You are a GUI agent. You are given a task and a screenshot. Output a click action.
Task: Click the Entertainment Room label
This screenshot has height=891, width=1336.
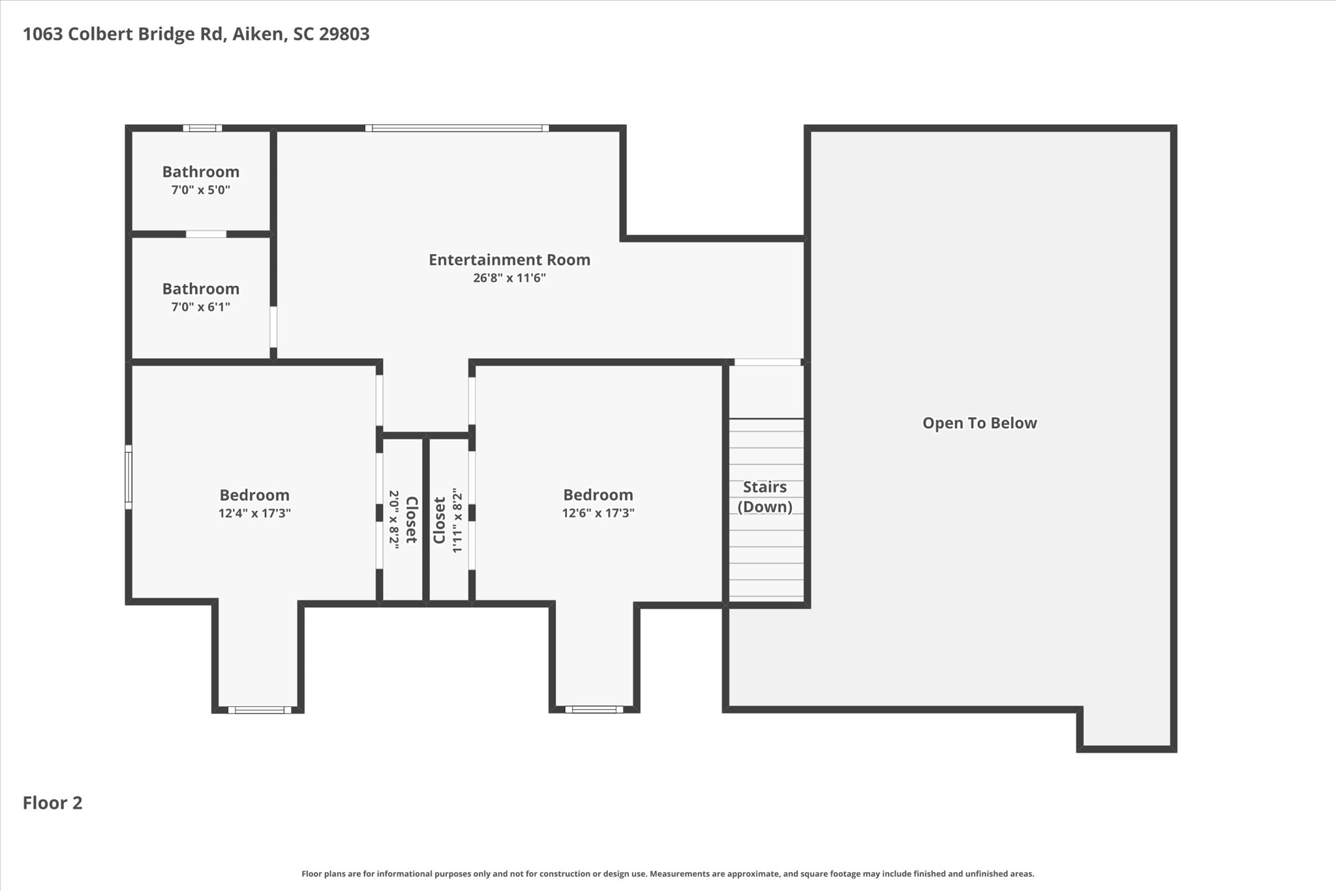tap(509, 260)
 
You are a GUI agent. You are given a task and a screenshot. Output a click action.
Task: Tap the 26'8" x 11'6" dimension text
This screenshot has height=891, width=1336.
tap(509, 278)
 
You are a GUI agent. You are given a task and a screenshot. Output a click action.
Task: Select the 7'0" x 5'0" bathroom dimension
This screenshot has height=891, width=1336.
tap(201, 190)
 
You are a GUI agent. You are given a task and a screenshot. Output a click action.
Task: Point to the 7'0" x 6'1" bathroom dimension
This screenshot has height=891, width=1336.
tap(201, 307)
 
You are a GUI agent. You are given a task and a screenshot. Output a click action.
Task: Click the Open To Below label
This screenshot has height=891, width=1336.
tap(980, 423)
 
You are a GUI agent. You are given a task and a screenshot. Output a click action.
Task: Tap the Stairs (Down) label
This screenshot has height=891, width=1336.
tap(765, 497)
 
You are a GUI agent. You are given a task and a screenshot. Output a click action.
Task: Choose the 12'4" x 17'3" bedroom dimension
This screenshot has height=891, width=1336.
tap(254, 513)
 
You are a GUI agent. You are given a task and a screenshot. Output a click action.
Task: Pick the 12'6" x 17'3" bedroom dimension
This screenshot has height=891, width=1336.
tap(598, 513)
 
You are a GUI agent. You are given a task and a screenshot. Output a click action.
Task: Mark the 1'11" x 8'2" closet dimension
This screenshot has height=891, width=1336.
tap(457, 520)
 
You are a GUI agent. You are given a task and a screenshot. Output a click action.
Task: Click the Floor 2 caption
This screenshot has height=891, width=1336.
tap(53, 803)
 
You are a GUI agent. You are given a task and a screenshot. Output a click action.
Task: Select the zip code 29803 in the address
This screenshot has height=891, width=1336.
tap(344, 34)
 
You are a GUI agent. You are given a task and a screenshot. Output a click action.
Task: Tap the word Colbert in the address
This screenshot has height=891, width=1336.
tap(100, 34)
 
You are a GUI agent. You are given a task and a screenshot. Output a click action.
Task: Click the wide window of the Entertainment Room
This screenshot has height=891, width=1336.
tap(457, 128)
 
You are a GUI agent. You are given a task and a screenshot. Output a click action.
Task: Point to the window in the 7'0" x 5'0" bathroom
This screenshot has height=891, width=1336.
tap(202, 128)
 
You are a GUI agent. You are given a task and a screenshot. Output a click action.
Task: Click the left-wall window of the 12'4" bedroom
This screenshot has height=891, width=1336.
tap(129, 477)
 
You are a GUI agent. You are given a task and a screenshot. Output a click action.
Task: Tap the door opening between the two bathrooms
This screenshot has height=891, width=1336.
tap(206, 234)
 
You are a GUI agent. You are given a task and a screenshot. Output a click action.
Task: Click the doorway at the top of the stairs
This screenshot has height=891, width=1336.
tap(768, 362)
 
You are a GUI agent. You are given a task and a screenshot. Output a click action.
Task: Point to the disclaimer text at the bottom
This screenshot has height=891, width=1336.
tap(668, 873)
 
